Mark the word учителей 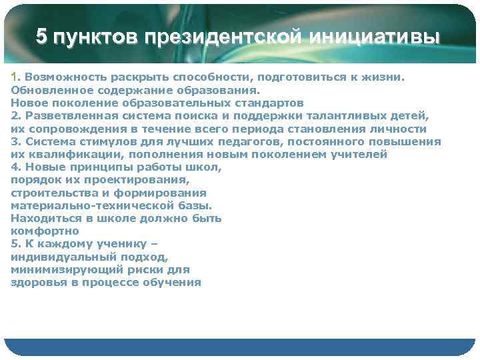point(358,154)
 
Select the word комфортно point(45,231)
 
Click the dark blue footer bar point(240,347)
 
